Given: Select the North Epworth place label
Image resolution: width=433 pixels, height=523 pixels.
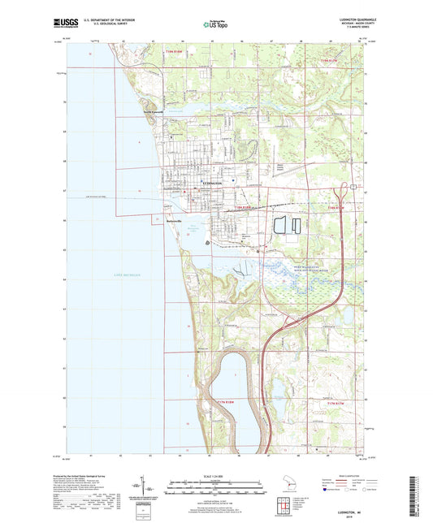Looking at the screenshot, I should pos(154,111).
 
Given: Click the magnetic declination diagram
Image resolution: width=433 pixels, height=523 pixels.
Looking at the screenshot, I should pos(150,491).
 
